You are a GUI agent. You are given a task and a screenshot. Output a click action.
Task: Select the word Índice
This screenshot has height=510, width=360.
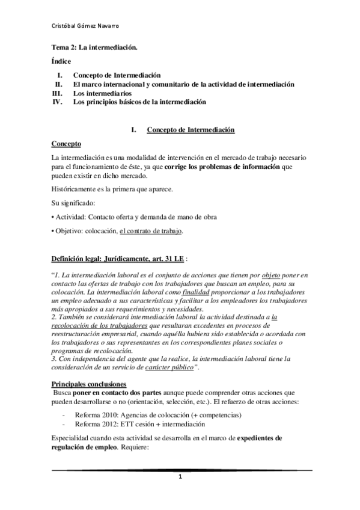point(61,61)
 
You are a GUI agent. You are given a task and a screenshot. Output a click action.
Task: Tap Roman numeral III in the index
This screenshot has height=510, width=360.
point(58,94)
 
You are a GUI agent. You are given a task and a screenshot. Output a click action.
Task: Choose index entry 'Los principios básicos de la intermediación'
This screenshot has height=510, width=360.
point(139,102)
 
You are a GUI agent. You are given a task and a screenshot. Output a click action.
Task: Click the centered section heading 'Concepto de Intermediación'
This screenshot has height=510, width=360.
point(191,130)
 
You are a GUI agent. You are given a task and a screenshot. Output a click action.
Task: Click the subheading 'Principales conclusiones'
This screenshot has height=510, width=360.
point(88,384)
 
